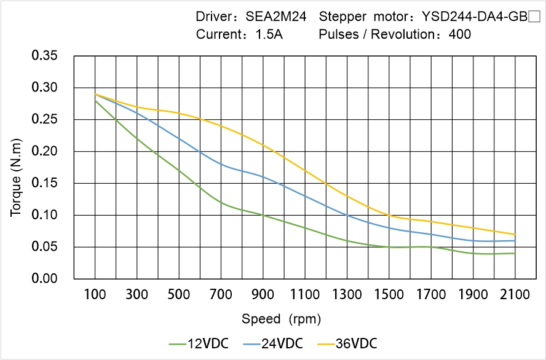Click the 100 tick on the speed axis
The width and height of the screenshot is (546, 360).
point(95,295)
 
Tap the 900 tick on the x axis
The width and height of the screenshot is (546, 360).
point(263,295)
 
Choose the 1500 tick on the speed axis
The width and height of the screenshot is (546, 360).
point(389,295)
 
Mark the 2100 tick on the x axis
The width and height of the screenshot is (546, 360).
point(515,295)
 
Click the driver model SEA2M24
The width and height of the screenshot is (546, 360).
point(275,17)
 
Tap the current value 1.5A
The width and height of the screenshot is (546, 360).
point(269,34)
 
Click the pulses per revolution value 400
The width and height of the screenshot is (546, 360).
point(460,34)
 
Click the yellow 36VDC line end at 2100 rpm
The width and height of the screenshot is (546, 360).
point(515,234)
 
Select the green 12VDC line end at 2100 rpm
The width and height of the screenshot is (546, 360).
point(515,253)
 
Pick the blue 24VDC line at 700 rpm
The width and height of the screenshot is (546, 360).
point(221,164)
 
